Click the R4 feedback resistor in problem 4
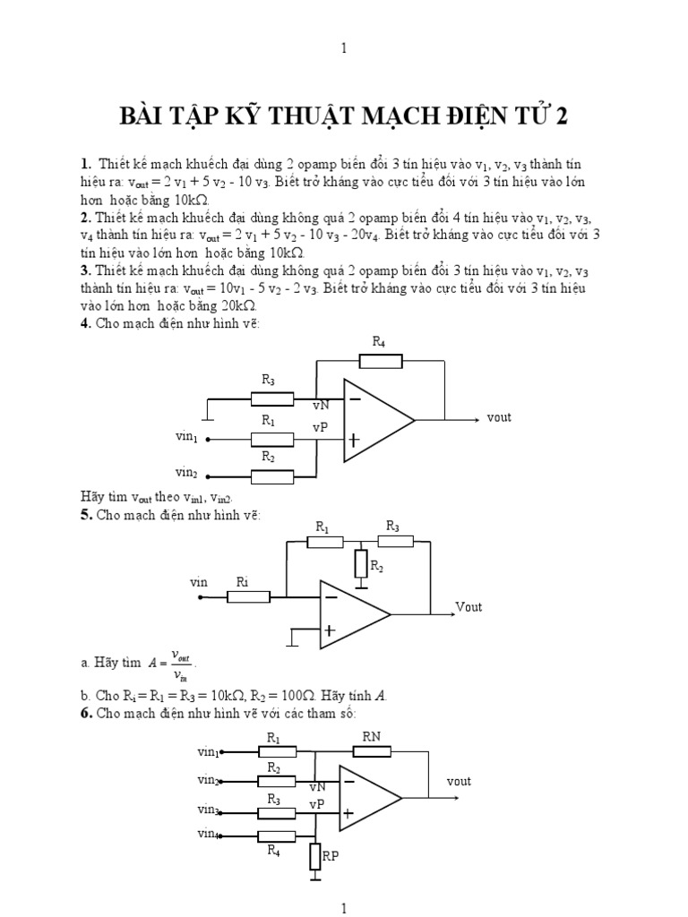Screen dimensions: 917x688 coord(380,361)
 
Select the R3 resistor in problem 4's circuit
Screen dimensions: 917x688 coord(271,399)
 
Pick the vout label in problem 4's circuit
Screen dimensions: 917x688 coord(499,417)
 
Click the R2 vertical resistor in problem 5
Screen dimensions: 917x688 coord(361,564)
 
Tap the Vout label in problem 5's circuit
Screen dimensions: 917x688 coord(469,607)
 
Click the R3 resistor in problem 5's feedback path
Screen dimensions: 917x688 coord(392,541)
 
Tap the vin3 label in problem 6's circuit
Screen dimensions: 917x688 coord(209,810)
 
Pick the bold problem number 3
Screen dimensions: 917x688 coord(108,270)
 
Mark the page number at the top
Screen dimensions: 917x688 coord(344,48)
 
